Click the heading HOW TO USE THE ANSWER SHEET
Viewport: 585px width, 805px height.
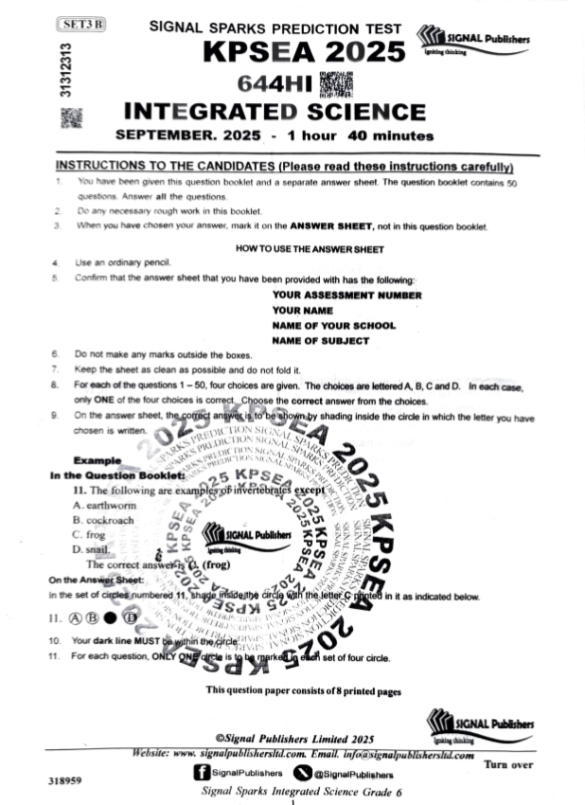coord(309,250)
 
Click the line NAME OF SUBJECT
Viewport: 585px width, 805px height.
coord(320,341)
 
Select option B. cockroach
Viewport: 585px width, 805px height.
coord(106,521)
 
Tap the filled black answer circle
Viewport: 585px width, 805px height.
coord(113,618)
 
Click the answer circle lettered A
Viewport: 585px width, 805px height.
coord(76,618)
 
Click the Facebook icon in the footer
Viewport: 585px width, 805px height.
coord(201,773)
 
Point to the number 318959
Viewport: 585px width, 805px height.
coord(63,782)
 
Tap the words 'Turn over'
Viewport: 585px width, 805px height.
coord(509,763)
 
